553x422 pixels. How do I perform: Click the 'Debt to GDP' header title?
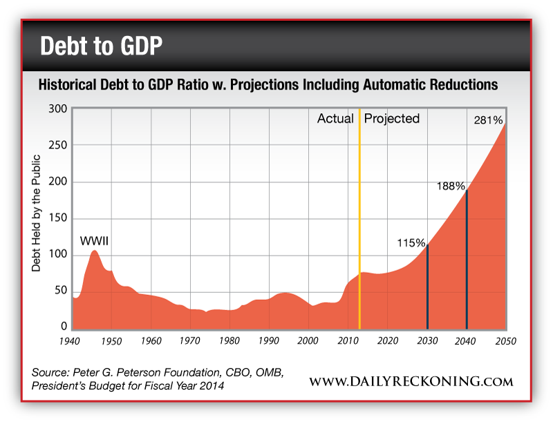102,46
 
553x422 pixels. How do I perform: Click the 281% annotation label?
488,120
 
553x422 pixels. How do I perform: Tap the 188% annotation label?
450,186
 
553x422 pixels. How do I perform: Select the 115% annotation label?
411,243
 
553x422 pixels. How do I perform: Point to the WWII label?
95,241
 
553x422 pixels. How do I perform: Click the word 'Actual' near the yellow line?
335,119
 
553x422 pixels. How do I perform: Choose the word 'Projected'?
392,119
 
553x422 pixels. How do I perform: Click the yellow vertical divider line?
359,221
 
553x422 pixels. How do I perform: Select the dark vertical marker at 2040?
467,262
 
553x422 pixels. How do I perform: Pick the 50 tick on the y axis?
61,291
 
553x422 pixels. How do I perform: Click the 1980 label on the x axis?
229,341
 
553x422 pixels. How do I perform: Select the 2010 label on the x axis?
348,341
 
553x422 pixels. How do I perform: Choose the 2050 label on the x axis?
505,341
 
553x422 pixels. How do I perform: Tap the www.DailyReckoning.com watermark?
411,381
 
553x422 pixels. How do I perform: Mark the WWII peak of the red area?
95,251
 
